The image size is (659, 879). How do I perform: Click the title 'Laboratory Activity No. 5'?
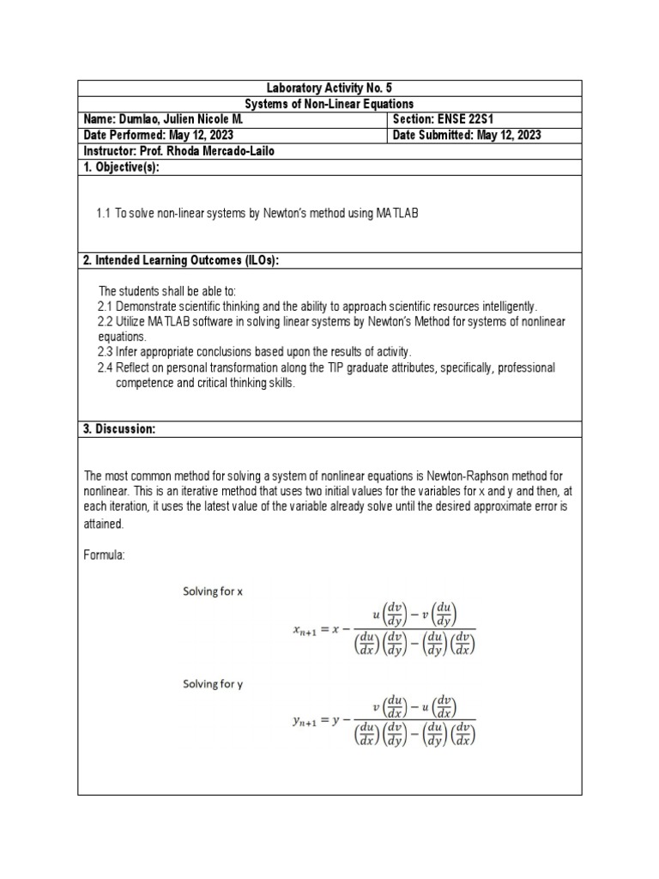(x=329, y=88)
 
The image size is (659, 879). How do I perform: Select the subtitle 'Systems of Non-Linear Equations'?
(x=329, y=103)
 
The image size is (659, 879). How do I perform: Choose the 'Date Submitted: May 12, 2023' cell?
(x=467, y=136)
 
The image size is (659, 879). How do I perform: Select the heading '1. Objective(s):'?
(x=122, y=167)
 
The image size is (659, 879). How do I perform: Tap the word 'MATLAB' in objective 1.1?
(x=396, y=213)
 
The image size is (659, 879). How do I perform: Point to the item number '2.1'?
(x=106, y=306)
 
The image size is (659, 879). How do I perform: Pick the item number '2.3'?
(x=106, y=352)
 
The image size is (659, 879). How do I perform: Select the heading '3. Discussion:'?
(x=119, y=429)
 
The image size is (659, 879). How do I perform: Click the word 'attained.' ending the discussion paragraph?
(x=104, y=523)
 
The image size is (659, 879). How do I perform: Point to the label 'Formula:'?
(x=104, y=555)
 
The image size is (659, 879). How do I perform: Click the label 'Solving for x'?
(x=214, y=591)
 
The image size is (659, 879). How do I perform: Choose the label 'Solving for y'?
(x=214, y=684)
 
